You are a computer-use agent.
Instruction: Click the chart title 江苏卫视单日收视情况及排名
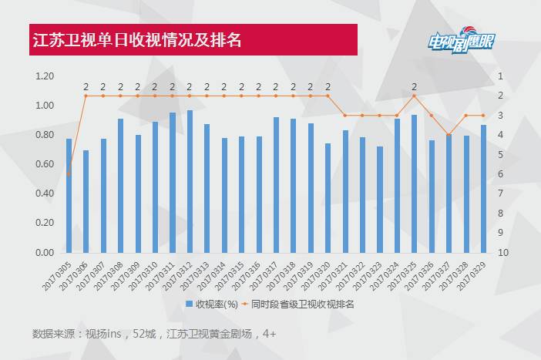[136, 40]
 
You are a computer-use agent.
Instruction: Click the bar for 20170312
[190, 182]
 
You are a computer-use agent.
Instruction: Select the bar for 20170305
[69, 196]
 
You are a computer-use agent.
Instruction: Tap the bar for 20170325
[414, 184]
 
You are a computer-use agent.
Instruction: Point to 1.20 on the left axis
[44, 76]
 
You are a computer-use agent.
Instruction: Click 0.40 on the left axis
[44, 193]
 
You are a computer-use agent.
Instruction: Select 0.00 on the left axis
[44, 253]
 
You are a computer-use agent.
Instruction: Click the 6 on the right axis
[501, 174]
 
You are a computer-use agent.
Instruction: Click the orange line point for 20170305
[69, 174]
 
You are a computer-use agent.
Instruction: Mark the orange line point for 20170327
[449, 135]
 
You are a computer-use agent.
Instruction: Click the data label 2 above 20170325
[414, 86]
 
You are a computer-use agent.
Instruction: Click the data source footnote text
[153, 334]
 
